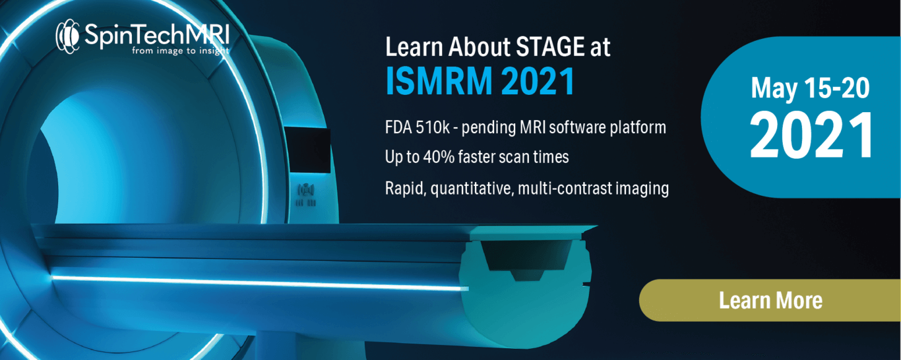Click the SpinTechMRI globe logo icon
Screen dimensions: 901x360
[x=67, y=36]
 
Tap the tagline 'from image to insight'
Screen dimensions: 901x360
[x=181, y=51]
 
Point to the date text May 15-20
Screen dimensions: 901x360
[x=810, y=88]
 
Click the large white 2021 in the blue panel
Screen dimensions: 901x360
[x=811, y=135]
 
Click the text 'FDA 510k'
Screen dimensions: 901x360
[x=418, y=127]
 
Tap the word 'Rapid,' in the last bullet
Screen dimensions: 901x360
[x=406, y=189]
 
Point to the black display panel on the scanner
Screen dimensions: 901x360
[x=308, y=150]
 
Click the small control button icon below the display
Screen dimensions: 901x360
[x=306, y=190]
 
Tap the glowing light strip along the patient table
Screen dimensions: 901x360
[x=260, y=283]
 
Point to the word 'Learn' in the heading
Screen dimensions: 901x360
[x=414, y=47]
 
